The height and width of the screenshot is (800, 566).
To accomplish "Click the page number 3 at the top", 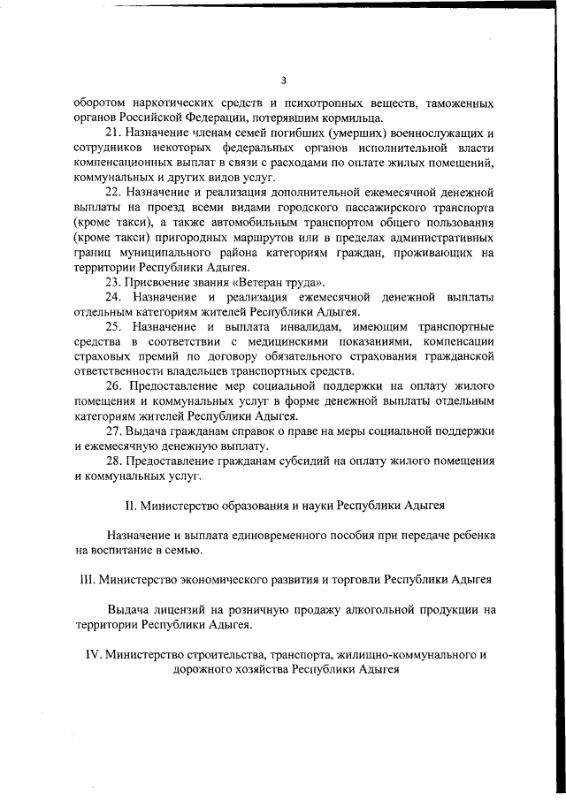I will click(x=284, y=79).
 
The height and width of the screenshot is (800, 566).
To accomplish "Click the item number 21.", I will click(x=113, y=133).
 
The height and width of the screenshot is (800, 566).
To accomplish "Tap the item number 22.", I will click(x=113, y=192).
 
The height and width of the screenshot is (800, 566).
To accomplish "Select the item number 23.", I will click(x=113, y=281).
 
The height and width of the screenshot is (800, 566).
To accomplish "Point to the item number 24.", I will click(x=114, y=296).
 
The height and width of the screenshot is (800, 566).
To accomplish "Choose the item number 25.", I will click(x=114, y=327).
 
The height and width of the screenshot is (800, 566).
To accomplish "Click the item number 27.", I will click(x=113, y=430).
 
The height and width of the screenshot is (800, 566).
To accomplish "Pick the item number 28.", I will click(x=113, y=461).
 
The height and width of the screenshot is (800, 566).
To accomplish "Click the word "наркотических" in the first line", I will click(x=165, y=103).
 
